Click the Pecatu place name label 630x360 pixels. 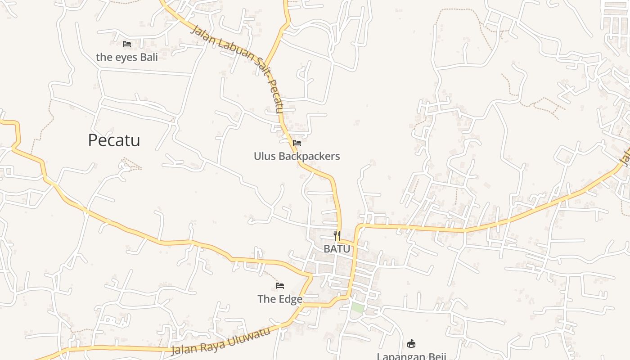click(x=114, y=140)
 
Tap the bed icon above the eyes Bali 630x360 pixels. click(x=127, y=44)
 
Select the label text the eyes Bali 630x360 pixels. click(x=127, y=57)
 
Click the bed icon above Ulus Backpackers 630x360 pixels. click(x=297, y=144)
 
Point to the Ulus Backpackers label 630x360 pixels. click(x=297, y=156)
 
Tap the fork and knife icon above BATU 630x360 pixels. click(x=337, y=236)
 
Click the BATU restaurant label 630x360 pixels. click(x=337, y=248)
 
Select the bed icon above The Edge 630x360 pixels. click(x=280, y=286)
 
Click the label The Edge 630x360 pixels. click(x=280, y=299)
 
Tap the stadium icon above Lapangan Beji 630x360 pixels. click(x=411, y=344)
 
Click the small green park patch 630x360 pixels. click(x=357, y=308)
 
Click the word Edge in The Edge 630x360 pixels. click(x=290, y=299)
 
